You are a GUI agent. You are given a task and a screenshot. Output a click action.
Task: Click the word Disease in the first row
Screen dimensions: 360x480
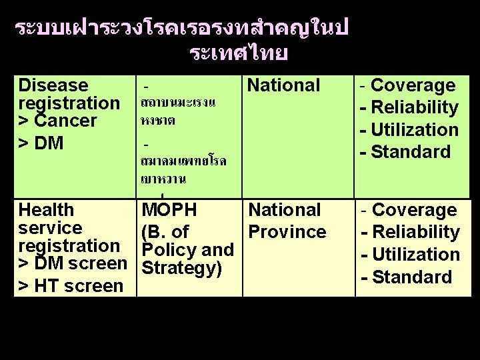[53, 85]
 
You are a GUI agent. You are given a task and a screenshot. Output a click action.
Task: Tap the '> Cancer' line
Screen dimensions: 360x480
[58, 121]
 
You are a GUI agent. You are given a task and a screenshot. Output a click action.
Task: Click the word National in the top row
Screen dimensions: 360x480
[284, 85]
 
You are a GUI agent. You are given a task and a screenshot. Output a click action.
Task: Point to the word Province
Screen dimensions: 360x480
[287, 232]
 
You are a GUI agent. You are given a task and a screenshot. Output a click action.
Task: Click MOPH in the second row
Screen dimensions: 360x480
[169, 210]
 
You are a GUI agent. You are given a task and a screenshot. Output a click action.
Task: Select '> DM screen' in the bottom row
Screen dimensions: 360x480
[73, 264]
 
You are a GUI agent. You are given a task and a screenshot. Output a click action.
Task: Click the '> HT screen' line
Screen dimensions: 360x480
[71, 286]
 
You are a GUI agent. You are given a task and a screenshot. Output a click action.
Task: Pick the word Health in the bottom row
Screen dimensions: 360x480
[47, 210]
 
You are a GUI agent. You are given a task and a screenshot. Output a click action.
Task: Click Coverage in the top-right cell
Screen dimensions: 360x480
[413, 85]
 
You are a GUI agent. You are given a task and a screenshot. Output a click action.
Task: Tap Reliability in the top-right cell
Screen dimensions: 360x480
[415, 107]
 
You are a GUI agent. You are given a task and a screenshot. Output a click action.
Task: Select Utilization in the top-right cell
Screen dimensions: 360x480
[415, 129]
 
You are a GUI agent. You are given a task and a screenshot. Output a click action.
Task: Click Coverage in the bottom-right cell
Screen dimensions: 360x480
[414, 210]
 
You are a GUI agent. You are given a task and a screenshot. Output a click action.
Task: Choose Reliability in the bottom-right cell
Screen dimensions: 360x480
[415, 232]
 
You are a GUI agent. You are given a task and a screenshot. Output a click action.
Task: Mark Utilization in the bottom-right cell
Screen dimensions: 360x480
[415, 254]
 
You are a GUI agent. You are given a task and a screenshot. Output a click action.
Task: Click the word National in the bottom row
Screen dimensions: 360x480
[285, 210]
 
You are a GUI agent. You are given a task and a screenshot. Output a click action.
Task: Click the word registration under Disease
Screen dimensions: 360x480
[69, 103]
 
